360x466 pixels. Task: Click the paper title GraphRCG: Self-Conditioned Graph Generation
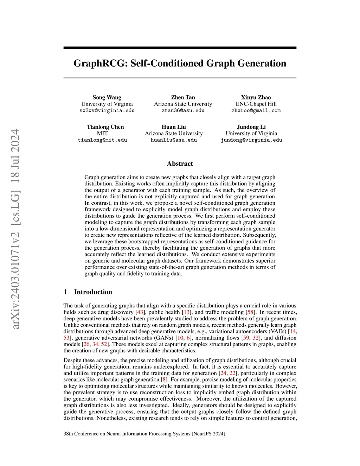[x=180, y=63]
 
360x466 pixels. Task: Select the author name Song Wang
[x=107, y=97]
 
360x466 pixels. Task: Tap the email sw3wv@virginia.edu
[x=107, y=110]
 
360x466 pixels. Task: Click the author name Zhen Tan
[x=183, y=97]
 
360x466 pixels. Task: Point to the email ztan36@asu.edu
[x=183, y=110]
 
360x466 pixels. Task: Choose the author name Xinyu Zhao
[x=256, y=97]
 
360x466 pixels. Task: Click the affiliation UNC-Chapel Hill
[x=256, y=104]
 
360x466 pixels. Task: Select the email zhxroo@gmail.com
[x=256, y=110]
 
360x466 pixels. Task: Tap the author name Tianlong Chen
[x=105, y=127]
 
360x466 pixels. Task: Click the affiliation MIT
[x=102, y=134]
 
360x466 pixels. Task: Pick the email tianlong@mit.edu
[x=102, y=140]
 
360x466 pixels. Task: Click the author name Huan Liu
[x=174, y=127]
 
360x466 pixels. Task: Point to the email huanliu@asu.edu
[x=174, y=140]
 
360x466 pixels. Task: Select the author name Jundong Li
[x=251, y=127]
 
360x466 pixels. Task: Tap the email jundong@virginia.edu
[x=251, y=140]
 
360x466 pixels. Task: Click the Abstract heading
[x=180, y=164]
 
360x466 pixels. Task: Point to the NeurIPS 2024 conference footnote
[x=145, y=434]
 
